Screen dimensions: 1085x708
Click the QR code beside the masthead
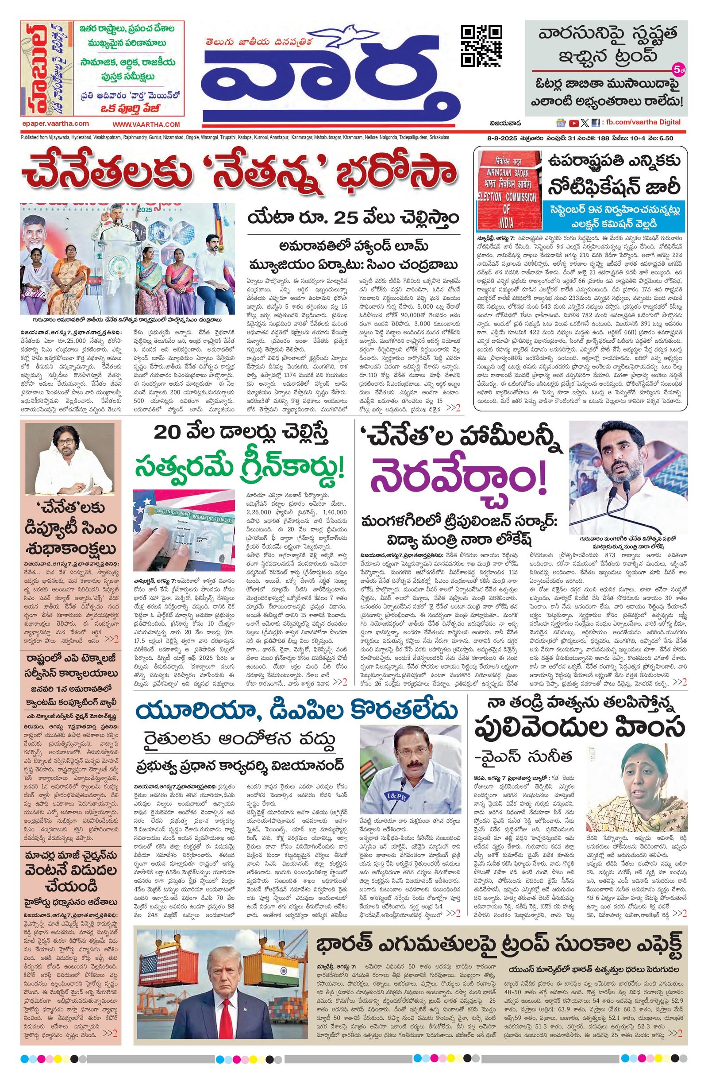coord(482,46)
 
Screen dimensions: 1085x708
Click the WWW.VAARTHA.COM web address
coord(146,124)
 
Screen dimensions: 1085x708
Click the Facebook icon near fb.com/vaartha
coord(595,123)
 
